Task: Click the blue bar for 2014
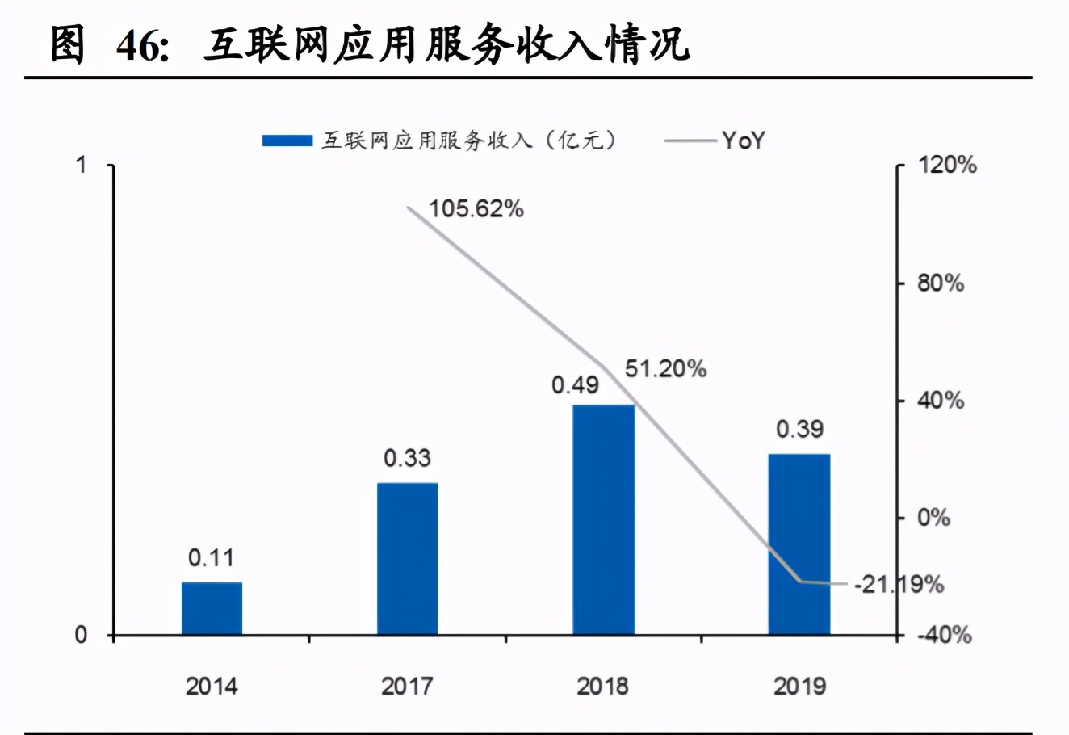tap(212, 608)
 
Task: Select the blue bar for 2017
tap(407, 559)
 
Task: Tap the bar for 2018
tap(603, 519)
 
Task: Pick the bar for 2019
tap(799, 544)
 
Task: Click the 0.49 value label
tap(575, 385)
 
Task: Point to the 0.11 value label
tap(211, 557)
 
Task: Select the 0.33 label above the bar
tap(407, 458)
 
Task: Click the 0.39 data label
tap(799, 429)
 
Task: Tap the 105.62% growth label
tap(476, 209)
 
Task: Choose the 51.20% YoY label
tap(665, 369)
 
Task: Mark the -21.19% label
tap(898, 584)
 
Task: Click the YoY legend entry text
tap(743, 141)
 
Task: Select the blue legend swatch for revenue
tap(287, 141)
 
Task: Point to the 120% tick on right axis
tap(946, 166)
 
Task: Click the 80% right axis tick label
tap(941, 283)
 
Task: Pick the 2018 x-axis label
tap(602, 687)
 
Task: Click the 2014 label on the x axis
tap(212, 687)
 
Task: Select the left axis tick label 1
tap(81, 166)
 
